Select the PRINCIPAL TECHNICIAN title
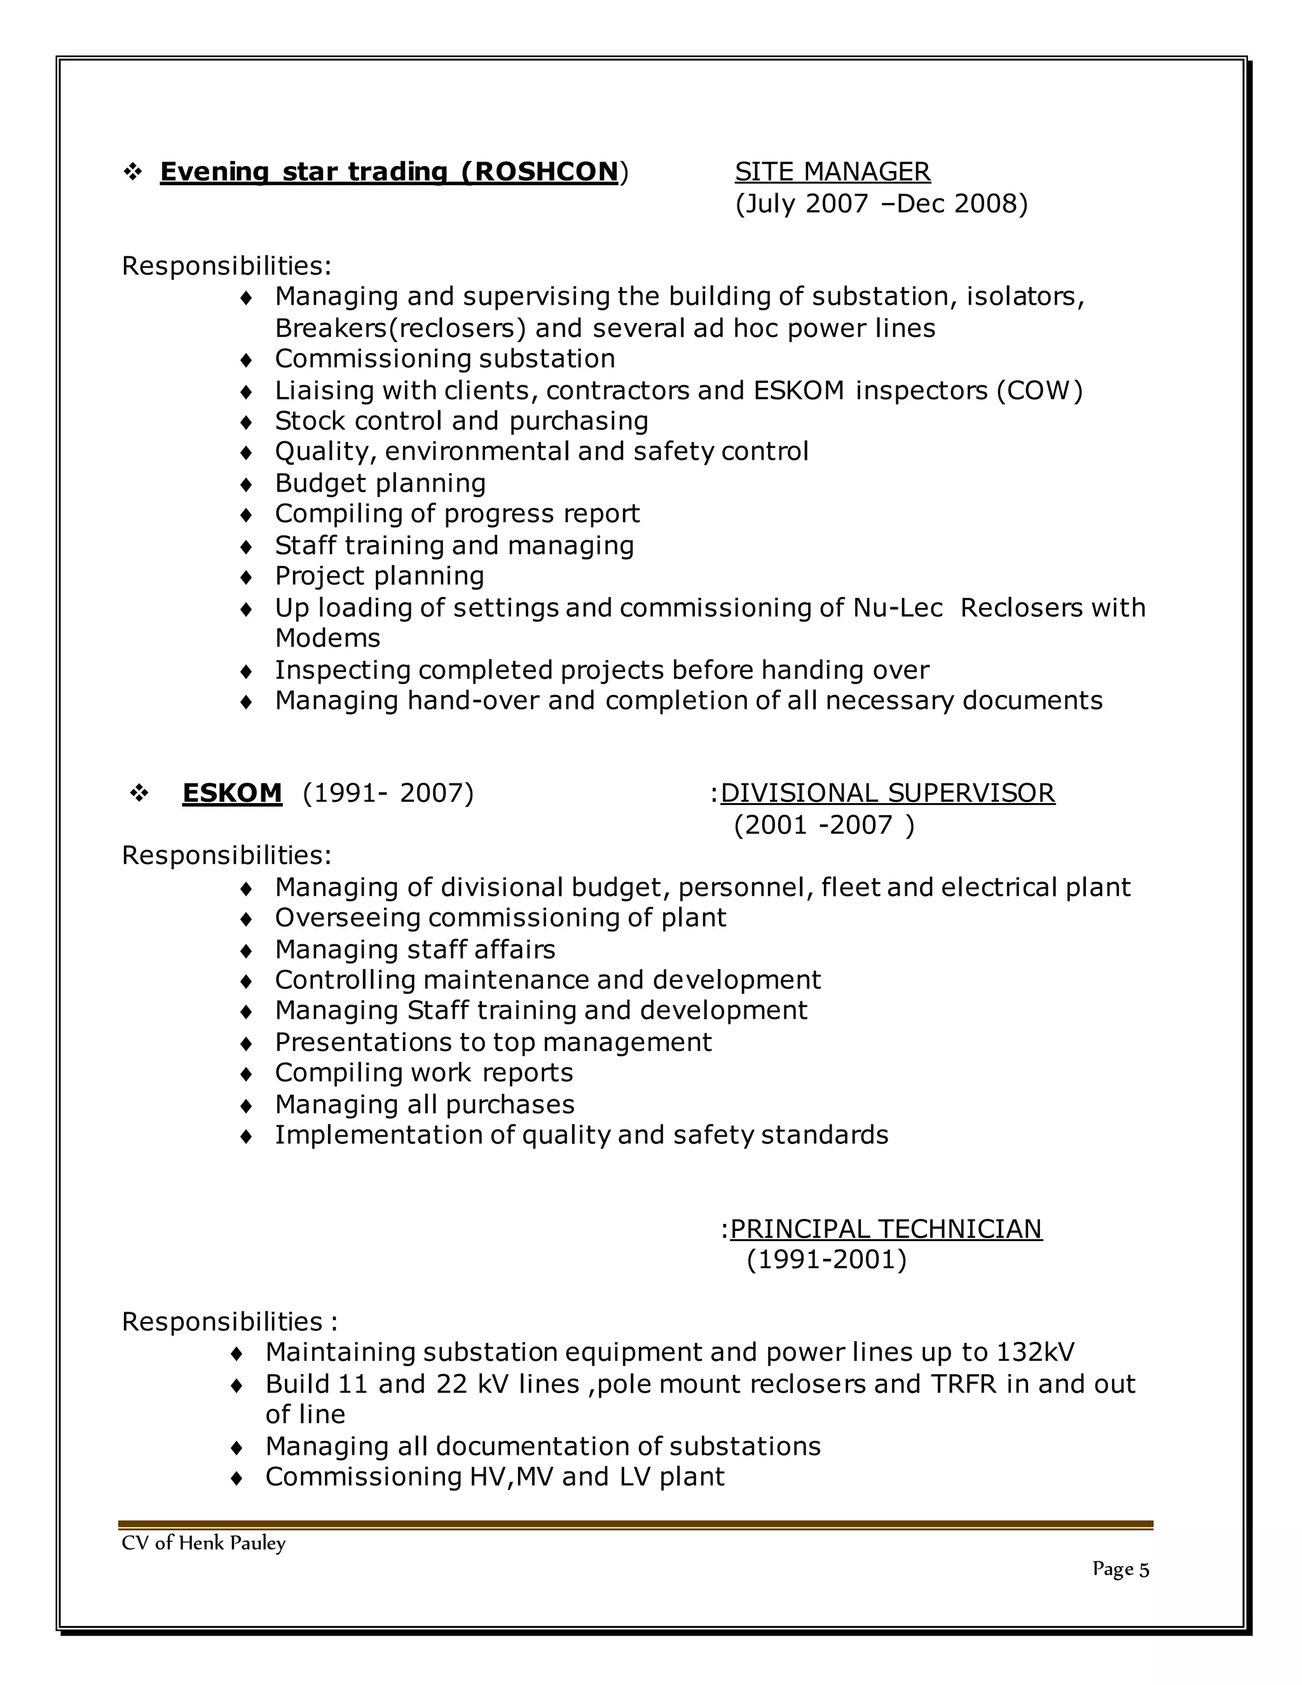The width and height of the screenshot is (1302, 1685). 886,1228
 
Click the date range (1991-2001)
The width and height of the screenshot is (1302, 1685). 826,1260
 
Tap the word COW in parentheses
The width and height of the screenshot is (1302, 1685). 1039,390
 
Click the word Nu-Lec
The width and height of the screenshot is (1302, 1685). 898,608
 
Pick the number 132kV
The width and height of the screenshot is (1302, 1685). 1035,1352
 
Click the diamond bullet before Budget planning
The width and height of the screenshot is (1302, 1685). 246,485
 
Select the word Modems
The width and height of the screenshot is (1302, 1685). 328,639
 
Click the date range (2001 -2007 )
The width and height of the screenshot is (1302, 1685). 824,825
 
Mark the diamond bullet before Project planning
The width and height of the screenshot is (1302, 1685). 246,577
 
